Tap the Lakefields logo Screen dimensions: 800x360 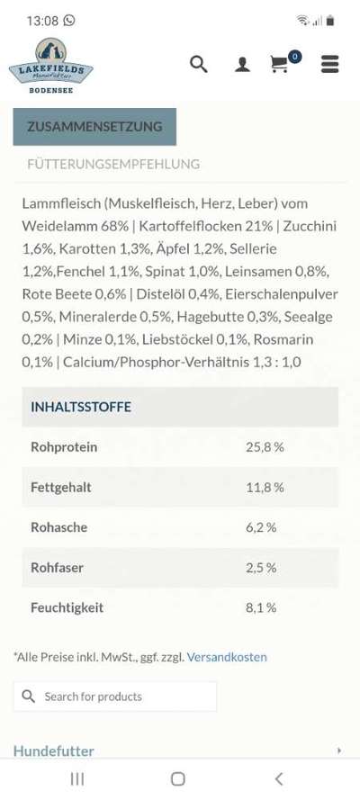(50, 65)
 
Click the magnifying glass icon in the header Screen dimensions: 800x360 (199, 64)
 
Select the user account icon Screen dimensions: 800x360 (242, 65)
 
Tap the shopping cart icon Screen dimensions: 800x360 (281, 64)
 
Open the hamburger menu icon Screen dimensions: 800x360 (329, 64)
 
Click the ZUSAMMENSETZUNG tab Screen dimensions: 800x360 (94, 127)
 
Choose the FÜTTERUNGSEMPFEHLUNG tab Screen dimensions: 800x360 (113, 165)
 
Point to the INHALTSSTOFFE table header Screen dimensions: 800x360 (81, 407)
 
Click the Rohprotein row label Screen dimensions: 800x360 (64, 447)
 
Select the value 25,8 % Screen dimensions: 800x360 (265, 447)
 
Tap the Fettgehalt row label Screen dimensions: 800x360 (61, 487)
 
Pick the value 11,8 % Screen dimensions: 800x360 (265, 487)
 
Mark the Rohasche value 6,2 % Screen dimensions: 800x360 (261, 527)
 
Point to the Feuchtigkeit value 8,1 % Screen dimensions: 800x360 (261, 607)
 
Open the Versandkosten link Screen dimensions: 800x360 (227, 657)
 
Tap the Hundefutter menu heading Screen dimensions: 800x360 (54, 751)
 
